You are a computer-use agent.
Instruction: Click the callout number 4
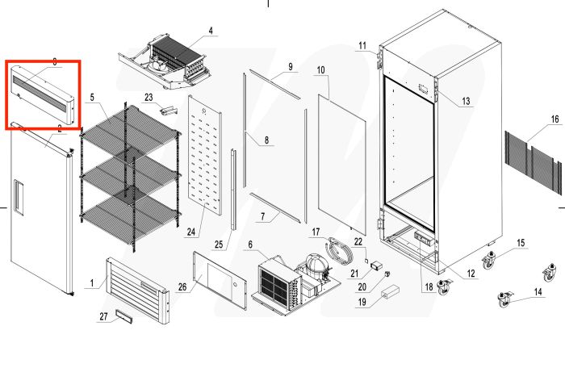pos(211,31)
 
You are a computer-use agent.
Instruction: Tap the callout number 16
pos(555,119)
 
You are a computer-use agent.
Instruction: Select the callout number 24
pos(190,233)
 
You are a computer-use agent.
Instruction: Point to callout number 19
pos(362,303)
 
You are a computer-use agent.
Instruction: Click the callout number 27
pos(103,316)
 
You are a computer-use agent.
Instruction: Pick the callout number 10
pos(320,71)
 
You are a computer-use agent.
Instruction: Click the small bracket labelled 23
pos(168,110)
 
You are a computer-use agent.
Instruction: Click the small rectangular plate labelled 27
pos(125,313)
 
